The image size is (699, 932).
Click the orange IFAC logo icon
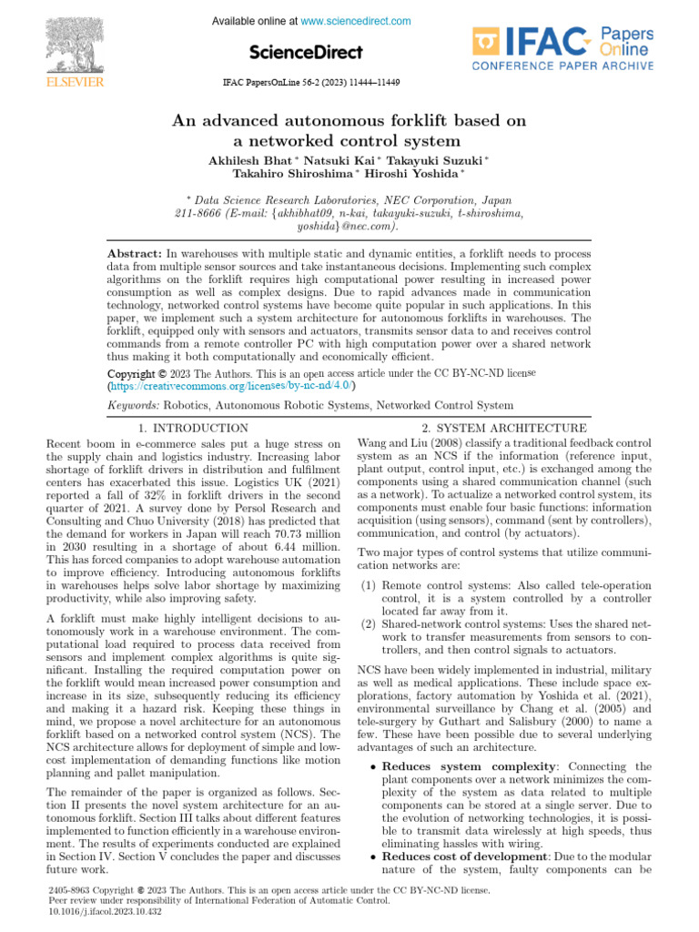(x=487, y=42)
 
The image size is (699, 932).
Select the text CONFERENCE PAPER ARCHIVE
(x=562, y=66)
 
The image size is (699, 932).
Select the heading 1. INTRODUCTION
(x=194, y=428)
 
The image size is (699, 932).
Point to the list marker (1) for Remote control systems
(x=370, y=585)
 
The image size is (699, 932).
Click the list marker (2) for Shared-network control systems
(x=370, y=624)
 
